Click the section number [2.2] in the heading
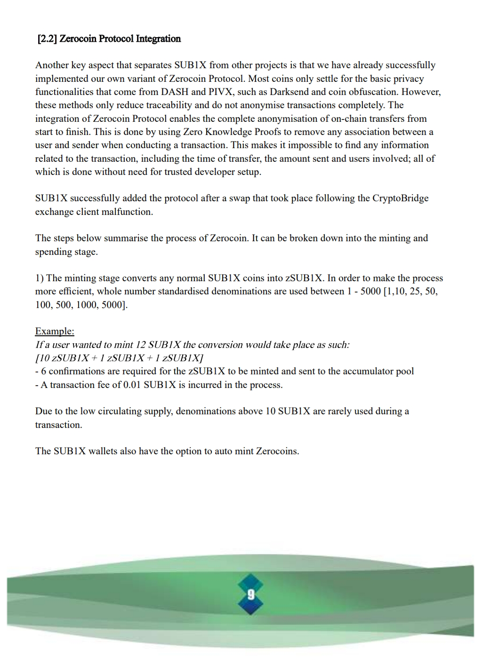(x=47, y=39)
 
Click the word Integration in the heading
(x=158, y=39)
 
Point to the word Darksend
(x=289, y=92)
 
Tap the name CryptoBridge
(x=401, y=198)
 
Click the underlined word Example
(x=54, y=331)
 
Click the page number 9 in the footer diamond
(x=250, y=595)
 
